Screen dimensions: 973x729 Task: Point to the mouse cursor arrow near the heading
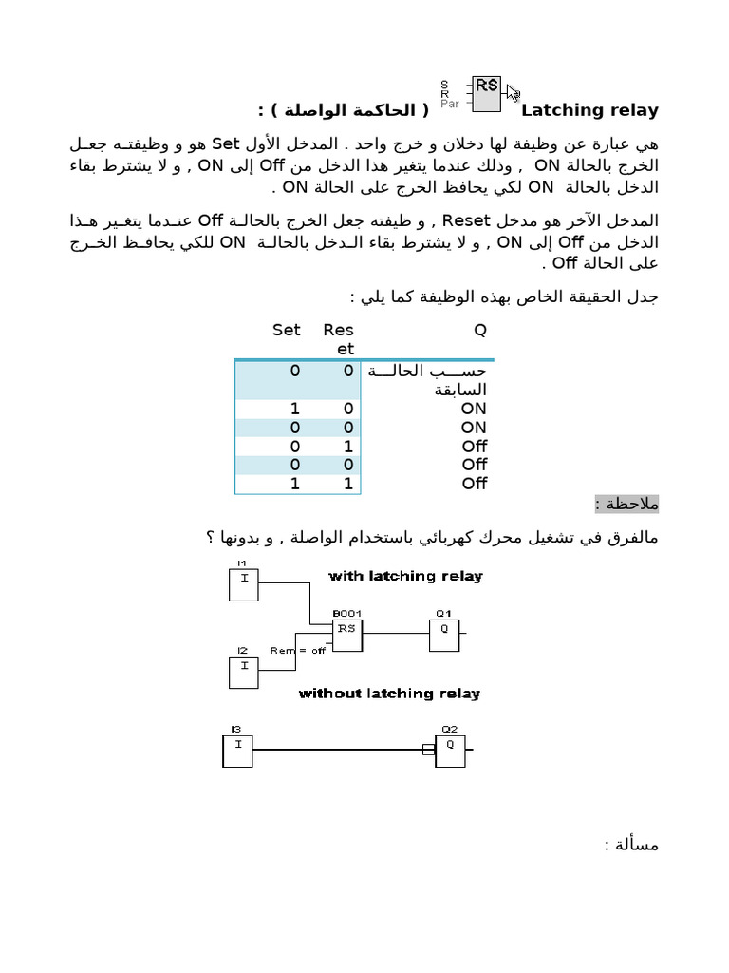pos(513,93)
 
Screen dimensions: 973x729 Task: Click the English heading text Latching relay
pos(590,110)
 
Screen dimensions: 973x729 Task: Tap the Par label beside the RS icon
pos(449,105)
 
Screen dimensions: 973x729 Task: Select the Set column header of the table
pos(286,330)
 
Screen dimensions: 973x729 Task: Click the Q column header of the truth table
pos(479,330)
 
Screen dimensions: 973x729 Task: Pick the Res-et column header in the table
pos(339,339)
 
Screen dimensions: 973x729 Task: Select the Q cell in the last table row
pos(474,484)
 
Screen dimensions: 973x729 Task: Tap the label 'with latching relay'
pos(405,576)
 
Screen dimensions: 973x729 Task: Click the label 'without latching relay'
pos(389,694)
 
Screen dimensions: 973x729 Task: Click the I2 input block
pos(243,671)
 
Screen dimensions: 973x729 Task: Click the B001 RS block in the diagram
pos(346,635)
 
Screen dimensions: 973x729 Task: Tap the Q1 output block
pos(444,634)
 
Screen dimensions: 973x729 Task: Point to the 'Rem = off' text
pos(297,651)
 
